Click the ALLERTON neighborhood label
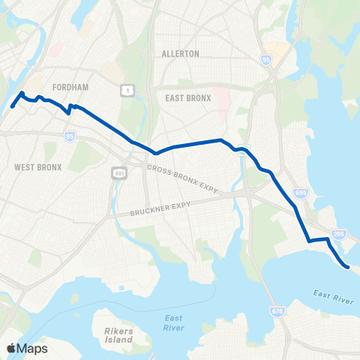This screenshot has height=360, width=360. (x=180, y=54)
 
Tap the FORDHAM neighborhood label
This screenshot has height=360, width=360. (x=73, y=76)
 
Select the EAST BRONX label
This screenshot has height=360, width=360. (x=184, y=97)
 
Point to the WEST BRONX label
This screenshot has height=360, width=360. (x=38, y=166)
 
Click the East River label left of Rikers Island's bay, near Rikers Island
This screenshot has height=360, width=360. (x=173, y=322)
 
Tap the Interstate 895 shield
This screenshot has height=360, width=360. (x=120, y=173)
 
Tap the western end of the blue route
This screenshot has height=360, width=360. (x=13, y=106)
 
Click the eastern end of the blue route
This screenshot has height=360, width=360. (x=347, y=266)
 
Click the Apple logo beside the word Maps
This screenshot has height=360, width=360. (x=11, y=348)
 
